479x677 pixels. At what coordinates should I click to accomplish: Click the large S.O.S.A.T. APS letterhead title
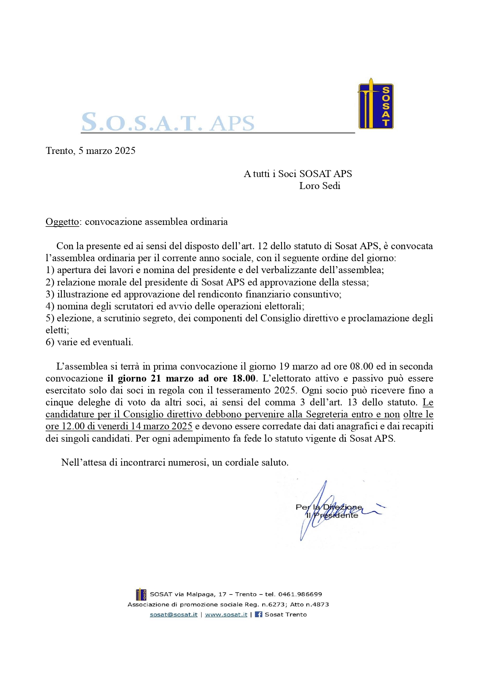[x=168, y=122]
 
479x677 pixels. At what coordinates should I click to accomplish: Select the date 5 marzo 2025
[x=107, y=151]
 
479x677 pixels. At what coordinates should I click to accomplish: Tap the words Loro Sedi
[x=319, y=186]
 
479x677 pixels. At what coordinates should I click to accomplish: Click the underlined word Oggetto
[x=62, y=222]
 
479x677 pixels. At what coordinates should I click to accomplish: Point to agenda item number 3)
[x=50, y=294]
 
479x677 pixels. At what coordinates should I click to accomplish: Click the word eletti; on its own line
[x=57, y=330]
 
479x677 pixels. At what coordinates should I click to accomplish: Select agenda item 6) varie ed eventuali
[x=89, y=342]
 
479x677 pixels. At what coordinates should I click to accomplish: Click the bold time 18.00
[x=244, y=378]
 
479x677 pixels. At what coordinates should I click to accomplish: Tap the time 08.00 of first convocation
[x=361, y=366]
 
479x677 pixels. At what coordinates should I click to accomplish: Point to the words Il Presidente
[x=332, y=515]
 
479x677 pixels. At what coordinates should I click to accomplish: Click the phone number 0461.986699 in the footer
[x=300, y=594]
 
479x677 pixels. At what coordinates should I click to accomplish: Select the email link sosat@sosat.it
[x=173, y=615]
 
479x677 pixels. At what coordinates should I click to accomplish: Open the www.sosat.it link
[x=226, y=615]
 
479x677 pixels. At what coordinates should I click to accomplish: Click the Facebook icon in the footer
[x=258, y=614]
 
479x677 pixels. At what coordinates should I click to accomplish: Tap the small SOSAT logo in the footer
[x=141, y=594]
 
